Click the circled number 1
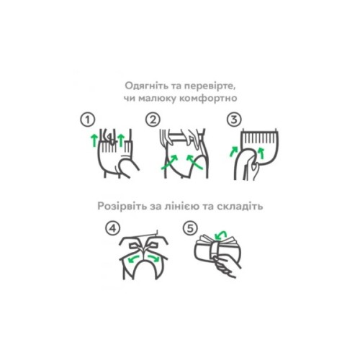87,119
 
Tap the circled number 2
153,119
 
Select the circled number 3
234,119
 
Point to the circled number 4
109,228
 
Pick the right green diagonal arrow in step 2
192,160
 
